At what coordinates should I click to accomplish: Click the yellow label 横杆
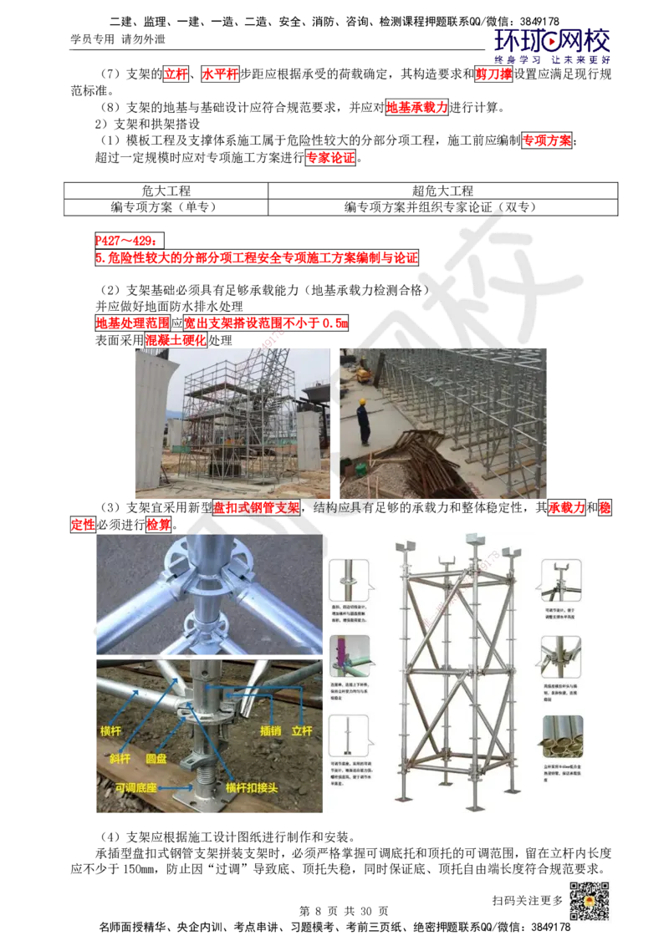pyautogui.click(x=111, y=730)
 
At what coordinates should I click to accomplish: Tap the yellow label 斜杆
pyautogui.click(x=120, y=758)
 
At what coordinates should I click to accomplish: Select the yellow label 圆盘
pyautogui.click(x=156, y=758)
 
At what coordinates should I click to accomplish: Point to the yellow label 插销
pyautogui.click(x=270, y=730)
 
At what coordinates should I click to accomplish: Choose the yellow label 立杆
pyautogui.click(x=301, y=730)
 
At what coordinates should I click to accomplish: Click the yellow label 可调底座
pyautogui.click(x=135, y=787)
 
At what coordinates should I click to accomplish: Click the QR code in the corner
pyautogui.click(x=588, y=902)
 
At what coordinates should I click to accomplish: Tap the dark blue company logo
pyautogui.click(x=553, y=45)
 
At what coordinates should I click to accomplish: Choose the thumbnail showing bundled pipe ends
pyautogui.click(x=562, y=736)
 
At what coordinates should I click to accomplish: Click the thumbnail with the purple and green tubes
pyautogui.click(x=349, y=656)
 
